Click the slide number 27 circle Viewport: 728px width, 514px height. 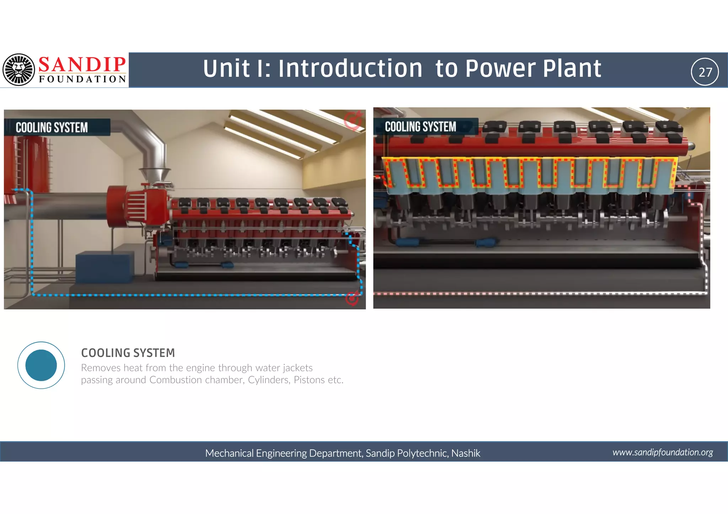coord(705,72)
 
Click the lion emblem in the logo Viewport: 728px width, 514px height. coord(18,70)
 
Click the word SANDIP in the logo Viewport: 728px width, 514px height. coord(82,65)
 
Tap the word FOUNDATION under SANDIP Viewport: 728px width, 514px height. coord(82,79)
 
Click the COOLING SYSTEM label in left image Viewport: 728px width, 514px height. coord(52,128)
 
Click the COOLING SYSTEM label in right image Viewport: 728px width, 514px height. coord(421,127)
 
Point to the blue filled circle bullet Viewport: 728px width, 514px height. coord(41,365)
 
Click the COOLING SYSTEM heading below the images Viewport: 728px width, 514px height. coord(128,353)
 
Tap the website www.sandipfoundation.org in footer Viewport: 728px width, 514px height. coord(662,452)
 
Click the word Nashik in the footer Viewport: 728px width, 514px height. coord(466,453)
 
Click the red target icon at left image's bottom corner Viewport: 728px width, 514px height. coord(352,298)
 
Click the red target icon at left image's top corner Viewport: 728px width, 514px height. coord(353,120)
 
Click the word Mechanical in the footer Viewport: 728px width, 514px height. coord(229,453)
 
